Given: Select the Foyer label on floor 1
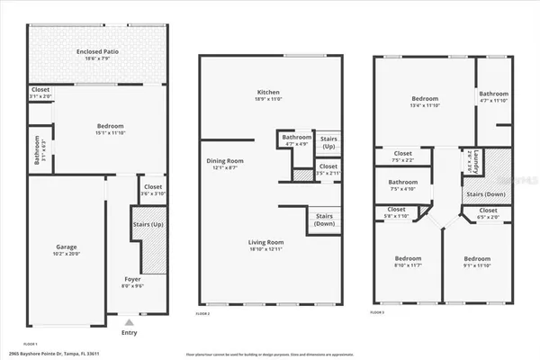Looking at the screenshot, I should pos(132,279).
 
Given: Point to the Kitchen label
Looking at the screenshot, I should pos(269,92).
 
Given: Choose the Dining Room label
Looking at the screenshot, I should pos(221,161).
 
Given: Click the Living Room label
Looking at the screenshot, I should pos(268,242).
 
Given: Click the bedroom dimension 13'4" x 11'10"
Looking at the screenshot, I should pos(426,104).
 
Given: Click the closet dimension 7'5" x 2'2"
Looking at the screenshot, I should pos(401,160).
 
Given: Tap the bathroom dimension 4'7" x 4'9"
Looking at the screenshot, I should pos(297,144).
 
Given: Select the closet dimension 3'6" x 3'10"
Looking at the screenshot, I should pos(151,193).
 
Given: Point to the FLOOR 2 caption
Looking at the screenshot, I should pos(202,313).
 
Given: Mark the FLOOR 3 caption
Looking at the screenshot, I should pos(377,313).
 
